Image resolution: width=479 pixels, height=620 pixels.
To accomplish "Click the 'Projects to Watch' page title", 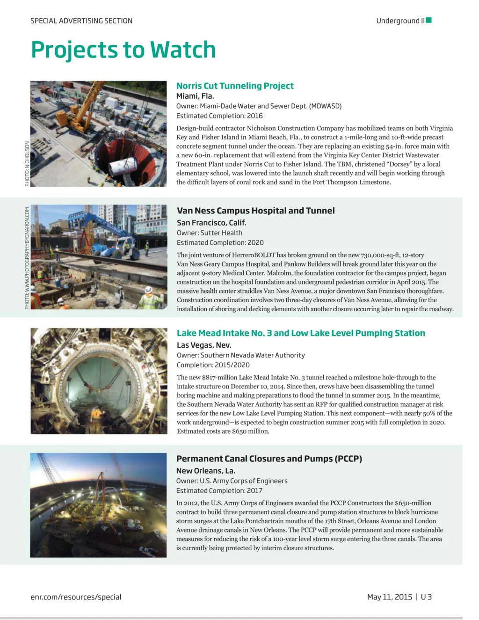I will pyautogui.click(x=123, y=50).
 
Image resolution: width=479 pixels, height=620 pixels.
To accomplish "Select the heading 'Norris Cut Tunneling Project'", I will pyautogui.click(x=235, y=86).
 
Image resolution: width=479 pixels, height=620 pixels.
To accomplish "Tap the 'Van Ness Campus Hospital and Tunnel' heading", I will pyautogui.click(x=255, y=211).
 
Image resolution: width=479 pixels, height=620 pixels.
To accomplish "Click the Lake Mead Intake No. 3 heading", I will pyautogui.click(x=301, y=333).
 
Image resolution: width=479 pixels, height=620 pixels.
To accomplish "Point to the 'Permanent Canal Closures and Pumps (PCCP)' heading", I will pyautogui.click(x=269, y=459).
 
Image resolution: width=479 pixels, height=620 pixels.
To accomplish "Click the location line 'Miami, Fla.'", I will pyautogui.click(x=195, y=96).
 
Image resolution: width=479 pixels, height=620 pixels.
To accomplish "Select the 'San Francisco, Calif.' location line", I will pyautogui.click(x=211, y=223).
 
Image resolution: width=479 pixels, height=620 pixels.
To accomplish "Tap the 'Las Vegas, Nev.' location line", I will pyautogui.click(x=204, y=345).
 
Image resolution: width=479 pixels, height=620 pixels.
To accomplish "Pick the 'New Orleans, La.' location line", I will pyautogui.click(x=205, y=471).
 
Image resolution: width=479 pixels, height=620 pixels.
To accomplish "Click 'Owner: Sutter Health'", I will pyautogui.click(x=210, y=233).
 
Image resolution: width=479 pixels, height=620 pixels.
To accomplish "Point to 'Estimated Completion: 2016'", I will pyautogui.click(x=219, y=116).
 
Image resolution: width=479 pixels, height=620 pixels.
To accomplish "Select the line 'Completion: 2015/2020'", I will pyautogui.click(x=213, y=365).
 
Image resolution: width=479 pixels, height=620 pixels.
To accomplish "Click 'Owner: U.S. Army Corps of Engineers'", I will pyautogui.click(x=232, y=481).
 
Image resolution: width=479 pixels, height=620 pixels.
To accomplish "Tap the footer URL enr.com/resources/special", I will pyautogui.click(x=76, y=597).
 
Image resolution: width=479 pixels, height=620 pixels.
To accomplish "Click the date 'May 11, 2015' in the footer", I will pyautogui.click(x=390, y=597).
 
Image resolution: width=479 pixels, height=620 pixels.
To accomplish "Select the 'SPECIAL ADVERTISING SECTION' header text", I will pyautogui.click(x=81, y=21).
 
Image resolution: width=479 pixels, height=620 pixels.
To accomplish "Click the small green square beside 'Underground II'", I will pyautogui.click(x=429, y=20).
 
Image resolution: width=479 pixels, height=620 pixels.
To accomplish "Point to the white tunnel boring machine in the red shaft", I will pyautogui.click(x=124, y=167).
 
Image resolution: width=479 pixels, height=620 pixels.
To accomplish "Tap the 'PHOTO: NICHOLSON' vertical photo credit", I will pyautogui.click(x=27, y=164).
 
